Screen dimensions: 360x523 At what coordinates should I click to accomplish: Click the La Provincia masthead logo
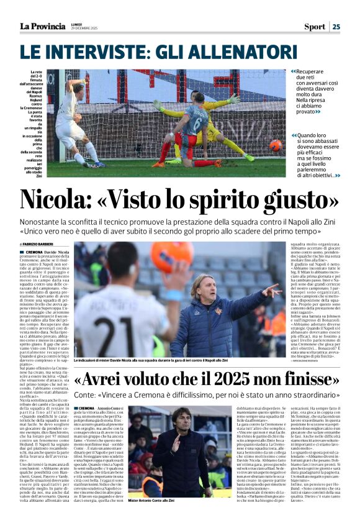(x=42, y=26)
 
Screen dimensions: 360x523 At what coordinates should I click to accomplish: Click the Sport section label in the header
(x=314, y=27)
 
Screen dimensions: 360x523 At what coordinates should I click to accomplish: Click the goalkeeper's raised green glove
(x=233, y=99)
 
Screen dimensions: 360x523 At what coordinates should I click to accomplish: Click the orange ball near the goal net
(x=275, y=145)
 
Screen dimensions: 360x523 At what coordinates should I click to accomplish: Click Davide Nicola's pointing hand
(x=271, y=291)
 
